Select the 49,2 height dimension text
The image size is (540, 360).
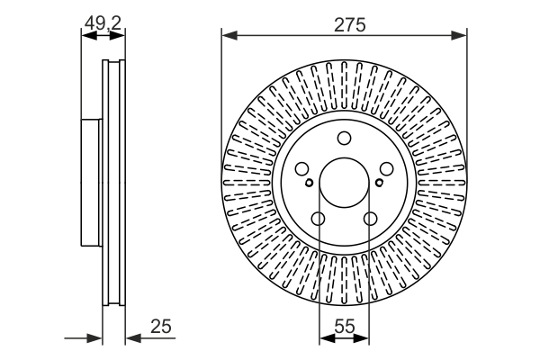tap(102, 25)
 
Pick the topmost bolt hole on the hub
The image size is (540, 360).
tap(344, 138)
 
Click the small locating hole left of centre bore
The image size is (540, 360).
tap(309, 183)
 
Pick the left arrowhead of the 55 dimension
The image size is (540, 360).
tap(324, 339)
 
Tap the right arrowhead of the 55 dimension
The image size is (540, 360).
tap(364, 339)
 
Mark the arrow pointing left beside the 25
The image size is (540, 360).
tap(131, 339)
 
